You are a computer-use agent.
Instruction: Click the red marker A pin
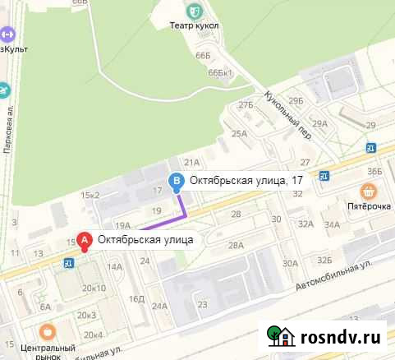pos(83,241)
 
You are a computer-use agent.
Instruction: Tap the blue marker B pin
pos(175,182)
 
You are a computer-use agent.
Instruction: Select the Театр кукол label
pos(194,26)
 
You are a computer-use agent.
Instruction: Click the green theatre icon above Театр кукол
pos(194,11)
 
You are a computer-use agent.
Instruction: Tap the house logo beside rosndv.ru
pos(281,335)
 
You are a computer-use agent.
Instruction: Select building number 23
pos(202,305)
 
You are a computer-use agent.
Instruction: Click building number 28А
pos(237,245)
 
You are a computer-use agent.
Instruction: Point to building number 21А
pos(192,163)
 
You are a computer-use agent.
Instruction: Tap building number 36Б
pos(375,171)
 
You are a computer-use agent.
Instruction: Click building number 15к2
pos(90,195)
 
